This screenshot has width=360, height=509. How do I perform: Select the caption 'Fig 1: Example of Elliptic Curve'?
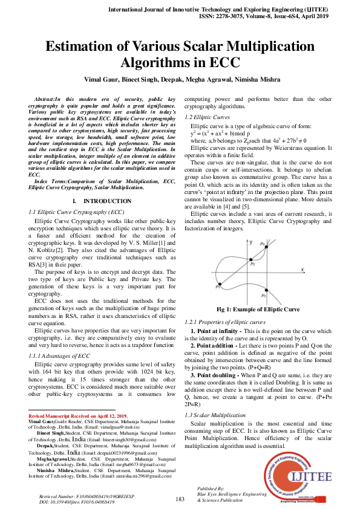pos(258,310)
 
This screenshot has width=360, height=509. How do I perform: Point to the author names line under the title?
pos(180,79)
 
